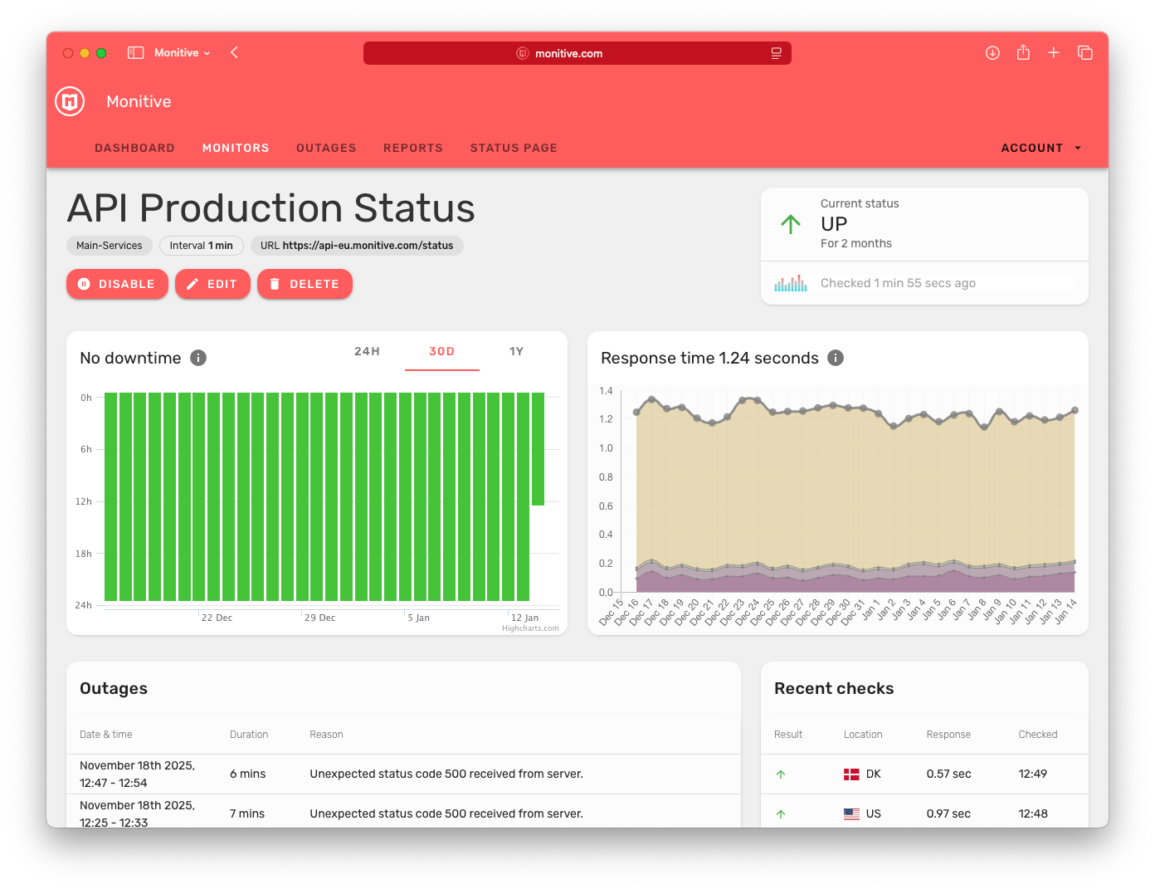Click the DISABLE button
point(117,284)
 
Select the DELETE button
point(305,284)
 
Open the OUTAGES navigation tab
point(326,148)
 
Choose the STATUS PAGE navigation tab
point(514,148)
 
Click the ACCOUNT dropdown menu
point(1040,148)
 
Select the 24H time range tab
point(367,351)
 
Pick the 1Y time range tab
point(516,351)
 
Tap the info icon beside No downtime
point(198,358)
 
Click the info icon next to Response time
point(836,358)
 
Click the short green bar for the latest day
point(538,448)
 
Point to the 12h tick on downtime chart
point(84,501)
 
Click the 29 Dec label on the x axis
point(319,618)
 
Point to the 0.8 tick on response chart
point(606,477)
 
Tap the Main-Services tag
point(110,246)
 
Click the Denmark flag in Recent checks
point(851,774)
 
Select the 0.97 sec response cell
point(948,813)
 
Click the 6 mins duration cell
point(247,774)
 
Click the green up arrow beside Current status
point(791,224)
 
